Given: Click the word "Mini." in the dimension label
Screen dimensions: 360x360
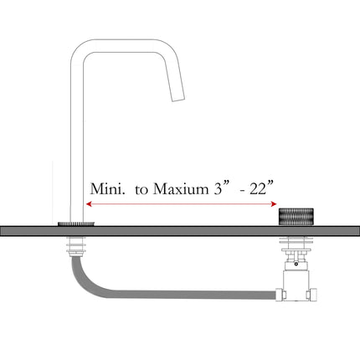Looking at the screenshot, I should click(107, 190).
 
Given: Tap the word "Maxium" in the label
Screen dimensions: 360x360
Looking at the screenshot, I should click(177, 190).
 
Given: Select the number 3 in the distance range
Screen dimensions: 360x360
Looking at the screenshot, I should click(217, 190).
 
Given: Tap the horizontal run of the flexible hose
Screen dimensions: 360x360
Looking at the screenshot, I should click(184, 294).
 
